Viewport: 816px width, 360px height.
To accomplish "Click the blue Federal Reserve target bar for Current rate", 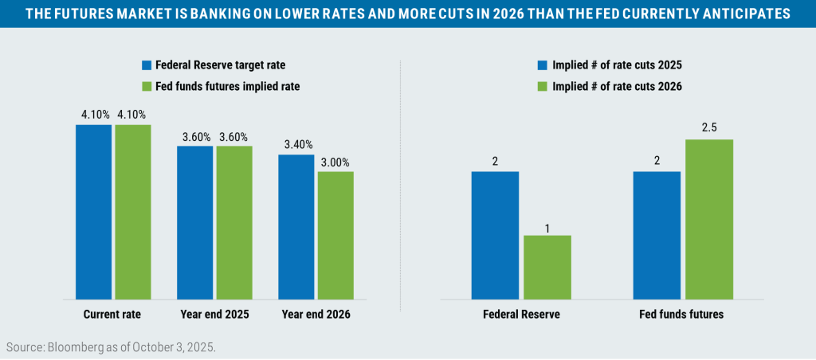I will coord(94,212).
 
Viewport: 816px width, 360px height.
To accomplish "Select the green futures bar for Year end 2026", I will coord(335,236).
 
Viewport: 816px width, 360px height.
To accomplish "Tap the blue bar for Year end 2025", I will coord(195,223).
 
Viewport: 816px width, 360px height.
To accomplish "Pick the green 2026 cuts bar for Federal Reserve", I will coord(547,268).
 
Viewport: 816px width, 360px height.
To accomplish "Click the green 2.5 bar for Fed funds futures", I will coord(709,220).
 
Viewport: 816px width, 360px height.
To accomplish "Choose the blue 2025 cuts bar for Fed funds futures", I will coord(657,236).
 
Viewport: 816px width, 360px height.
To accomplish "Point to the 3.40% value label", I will coord(296,146).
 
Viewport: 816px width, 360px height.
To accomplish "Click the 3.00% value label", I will coord(336,162).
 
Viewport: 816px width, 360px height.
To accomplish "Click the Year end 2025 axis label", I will coord(215,315).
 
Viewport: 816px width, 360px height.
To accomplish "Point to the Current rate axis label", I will coord(112,315).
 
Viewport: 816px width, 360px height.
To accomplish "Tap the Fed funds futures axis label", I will coord(683,315).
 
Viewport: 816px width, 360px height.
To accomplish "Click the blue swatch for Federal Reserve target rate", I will coord(147,65).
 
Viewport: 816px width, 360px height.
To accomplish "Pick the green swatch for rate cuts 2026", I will coord(543,86).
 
